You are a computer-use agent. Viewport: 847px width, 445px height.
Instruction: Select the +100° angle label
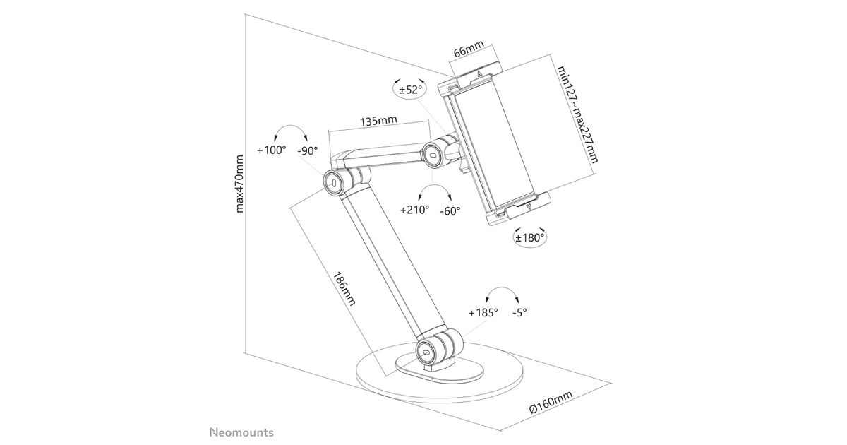[271, 150]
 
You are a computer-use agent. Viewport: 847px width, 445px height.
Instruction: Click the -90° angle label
[307, 150]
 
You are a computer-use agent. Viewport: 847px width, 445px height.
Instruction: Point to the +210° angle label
[414, 210]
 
